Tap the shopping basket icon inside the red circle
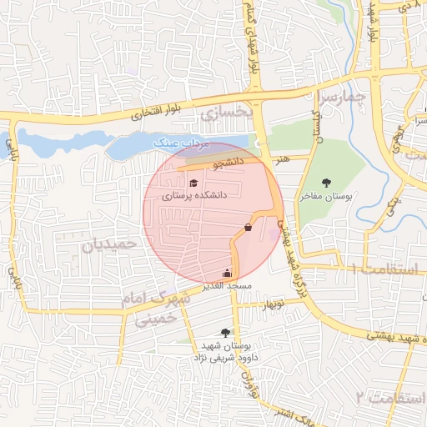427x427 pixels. [x=248, y=227]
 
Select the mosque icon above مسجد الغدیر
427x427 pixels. [x=227, y=273]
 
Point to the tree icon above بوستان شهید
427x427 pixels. [x=224, y=332]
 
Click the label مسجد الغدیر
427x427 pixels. [x=227, y=285]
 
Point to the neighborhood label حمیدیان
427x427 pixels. [x=108, y=244]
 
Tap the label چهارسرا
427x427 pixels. [x=344, y=98]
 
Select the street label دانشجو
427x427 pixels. [x=228, y=163]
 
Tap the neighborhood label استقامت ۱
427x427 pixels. [x=384, y=269]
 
